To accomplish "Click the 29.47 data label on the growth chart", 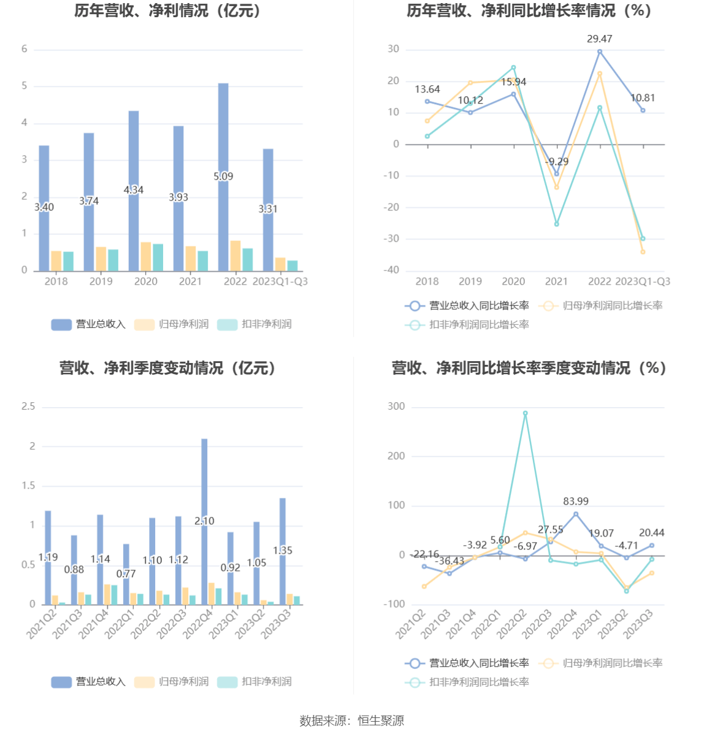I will [599, 39].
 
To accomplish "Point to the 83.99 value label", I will [576, 501].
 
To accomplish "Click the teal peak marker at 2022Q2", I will [525, 413].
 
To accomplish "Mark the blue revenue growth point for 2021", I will [557, 174].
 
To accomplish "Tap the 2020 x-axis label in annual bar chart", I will [146, 281].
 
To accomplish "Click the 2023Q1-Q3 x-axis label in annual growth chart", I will [642, 281].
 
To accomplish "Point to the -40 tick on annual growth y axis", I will [392, 270].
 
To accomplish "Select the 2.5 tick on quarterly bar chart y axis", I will [28, 407].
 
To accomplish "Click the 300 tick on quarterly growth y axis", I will [396, 407].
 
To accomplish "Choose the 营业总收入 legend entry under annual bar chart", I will [88, 324].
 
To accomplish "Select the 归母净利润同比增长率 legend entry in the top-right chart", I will [601, 305].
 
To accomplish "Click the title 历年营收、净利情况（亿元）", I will [168, 11].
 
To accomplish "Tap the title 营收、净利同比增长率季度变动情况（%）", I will [529, 368].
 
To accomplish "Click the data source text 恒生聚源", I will [381, 720].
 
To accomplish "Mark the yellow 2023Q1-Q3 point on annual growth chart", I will [643, 252].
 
